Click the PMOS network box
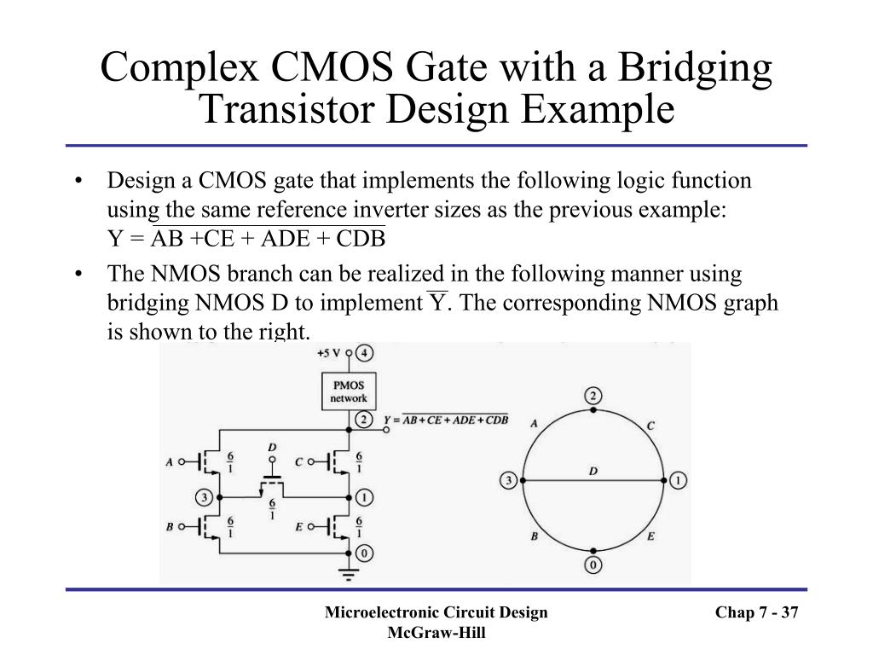click(x=349, y=392)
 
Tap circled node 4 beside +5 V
click(x=364, y=352)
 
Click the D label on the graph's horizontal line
click(x=593, y=472)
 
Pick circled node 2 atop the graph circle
click(x=593, y=396)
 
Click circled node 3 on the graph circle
click(x=509, y=481)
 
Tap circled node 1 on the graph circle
click(x=678, y=481)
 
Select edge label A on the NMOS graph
click(x=534, y=424)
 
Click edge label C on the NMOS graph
click(x=650, y=425)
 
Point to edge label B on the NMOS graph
click(x=534, y=536)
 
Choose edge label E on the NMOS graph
click(x=650, y=536)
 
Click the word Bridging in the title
click(x=690, y=68)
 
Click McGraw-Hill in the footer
click(x=436, y=632)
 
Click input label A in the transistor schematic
click(x=170, y=462)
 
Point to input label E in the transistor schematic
click(x=299, y=527)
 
